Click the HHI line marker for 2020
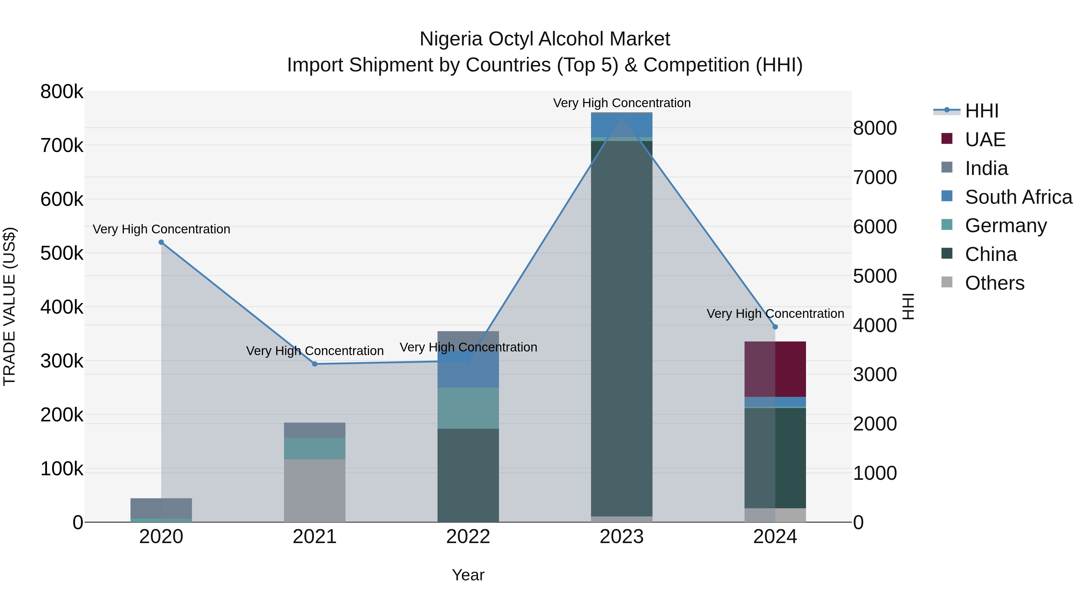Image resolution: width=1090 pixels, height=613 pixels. (161, 242)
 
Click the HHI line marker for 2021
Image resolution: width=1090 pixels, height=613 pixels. (315, 364)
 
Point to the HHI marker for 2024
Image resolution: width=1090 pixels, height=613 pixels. (775, 327)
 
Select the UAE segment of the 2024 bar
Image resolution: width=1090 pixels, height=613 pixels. (775, 369)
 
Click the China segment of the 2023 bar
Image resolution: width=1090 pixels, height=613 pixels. (622, 328)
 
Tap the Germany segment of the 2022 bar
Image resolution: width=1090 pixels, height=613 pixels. (468, 408)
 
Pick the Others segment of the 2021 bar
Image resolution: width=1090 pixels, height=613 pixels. (315, 491)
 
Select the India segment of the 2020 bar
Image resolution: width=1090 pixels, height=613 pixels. (161, 508)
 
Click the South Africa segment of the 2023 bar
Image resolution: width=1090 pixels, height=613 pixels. (622, 125)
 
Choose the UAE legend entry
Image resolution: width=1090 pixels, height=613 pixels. (985, 140)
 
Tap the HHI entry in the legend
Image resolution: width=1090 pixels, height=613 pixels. (982, 111)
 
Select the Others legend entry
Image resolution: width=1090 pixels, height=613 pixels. (994, 283)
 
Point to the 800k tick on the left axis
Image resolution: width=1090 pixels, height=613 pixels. (62, 92)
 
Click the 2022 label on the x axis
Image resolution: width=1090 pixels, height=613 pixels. (468, 537)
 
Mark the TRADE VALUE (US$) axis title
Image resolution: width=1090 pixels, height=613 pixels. (9, 306)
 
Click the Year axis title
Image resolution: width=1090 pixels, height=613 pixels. (468, 575)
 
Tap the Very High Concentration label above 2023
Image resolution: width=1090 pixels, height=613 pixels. (622, 103)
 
